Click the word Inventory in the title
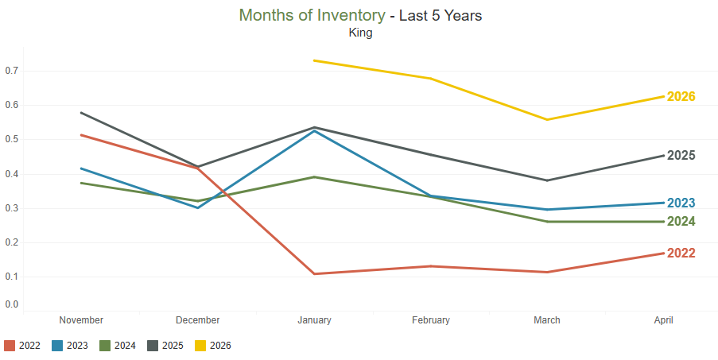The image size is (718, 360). [x=351, y=16]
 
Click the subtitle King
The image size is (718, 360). [x=360, y=33]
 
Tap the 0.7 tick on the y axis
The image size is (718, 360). [x=12, y=71]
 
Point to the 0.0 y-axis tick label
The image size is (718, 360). [x=12, y=304]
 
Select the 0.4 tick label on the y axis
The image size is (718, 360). [x=12, y=174]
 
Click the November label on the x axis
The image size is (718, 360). [x=82, y=320]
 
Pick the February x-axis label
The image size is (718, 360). [x=431, y=320]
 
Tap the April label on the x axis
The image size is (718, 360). [x=663, y=320]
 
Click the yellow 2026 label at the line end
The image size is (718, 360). [x=681, y=96]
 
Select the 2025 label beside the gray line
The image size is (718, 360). [x=681, y=156]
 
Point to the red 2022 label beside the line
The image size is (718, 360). [x=681, y=254]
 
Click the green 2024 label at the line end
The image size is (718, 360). [x=681, y=222]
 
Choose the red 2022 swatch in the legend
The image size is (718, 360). [x=10, y=346]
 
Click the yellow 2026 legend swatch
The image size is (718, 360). [x=200, y=346]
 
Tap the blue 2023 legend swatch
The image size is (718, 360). [x=57, y=346]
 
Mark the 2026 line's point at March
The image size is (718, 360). [x=547, y=120]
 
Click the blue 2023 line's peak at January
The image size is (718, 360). [x=315, y=131]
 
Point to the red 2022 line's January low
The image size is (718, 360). [x=315, y=274]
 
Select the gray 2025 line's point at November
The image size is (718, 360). [x=82, y=113]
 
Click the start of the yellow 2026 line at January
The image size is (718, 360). [x=315, y=60]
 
